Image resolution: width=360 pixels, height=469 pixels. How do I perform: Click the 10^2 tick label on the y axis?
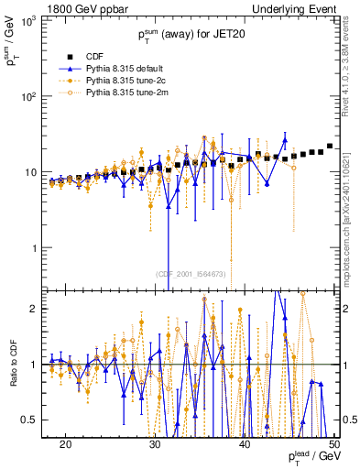point(34,96)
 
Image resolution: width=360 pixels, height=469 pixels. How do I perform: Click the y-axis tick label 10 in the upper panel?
point(37,172)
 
